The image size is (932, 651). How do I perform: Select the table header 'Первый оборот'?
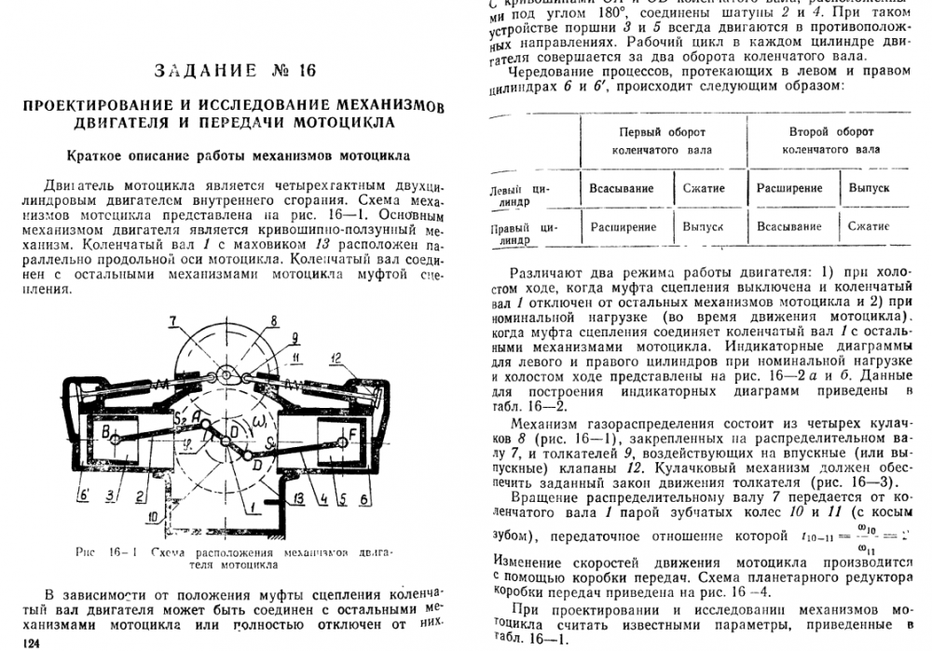click(x=657, y=132)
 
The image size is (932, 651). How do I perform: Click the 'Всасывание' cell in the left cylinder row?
click(x=621, y=187)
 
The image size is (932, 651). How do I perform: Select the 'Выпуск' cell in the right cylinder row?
click(x=703, y=226)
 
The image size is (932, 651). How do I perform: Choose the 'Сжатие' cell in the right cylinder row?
click(x=869, y=226)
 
